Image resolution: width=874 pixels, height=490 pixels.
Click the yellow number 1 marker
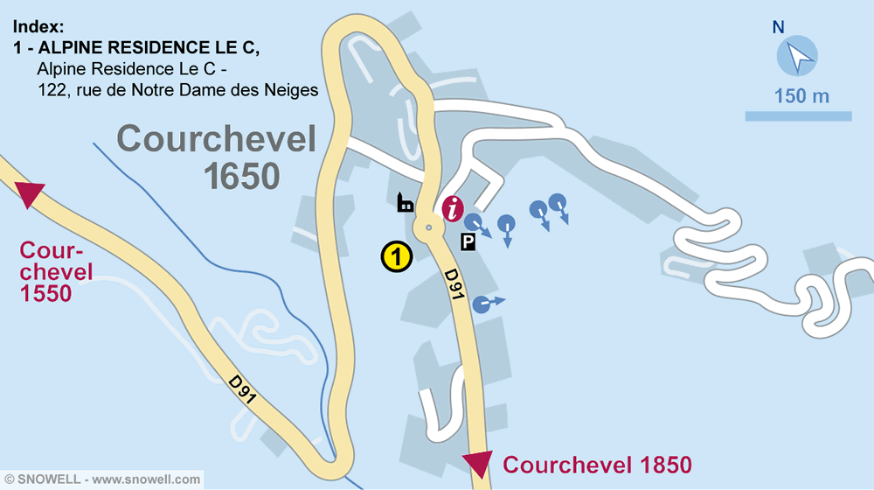point(396,256)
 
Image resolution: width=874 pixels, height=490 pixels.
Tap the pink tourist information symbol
point(453,208)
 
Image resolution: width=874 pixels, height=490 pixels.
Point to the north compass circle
point(797,56)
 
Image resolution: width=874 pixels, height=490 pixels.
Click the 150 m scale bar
point(798,115)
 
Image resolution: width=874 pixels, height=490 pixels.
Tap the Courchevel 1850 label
point(597,464)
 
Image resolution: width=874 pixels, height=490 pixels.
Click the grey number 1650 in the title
point(242,176)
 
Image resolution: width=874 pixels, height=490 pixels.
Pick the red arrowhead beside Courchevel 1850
point(479,463)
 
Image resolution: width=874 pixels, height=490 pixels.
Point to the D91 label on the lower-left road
point(243,390)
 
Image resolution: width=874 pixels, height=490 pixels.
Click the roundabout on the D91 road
point(429,227)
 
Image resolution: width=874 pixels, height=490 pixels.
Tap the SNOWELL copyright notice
point(103,479)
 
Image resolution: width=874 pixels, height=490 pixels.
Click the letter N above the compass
point(778,28)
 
